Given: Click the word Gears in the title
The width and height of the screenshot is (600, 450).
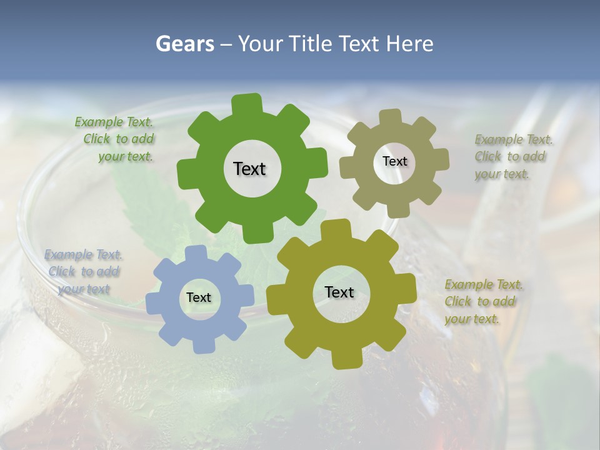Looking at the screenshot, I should tap(184, 44).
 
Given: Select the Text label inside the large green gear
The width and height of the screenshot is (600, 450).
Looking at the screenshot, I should tap(249, 169).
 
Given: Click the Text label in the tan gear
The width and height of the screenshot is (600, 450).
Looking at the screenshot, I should tap(394, 161).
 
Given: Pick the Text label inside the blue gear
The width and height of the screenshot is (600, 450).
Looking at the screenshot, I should tap(199, 297).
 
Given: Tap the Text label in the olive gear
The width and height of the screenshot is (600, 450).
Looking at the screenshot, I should tap(339, 292).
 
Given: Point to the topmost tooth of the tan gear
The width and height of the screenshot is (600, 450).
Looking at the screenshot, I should tap(391, 117).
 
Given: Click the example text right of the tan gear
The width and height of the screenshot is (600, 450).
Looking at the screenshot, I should tap(509, 156).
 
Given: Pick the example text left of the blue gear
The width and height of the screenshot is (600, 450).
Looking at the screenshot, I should tap(84, 272).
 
